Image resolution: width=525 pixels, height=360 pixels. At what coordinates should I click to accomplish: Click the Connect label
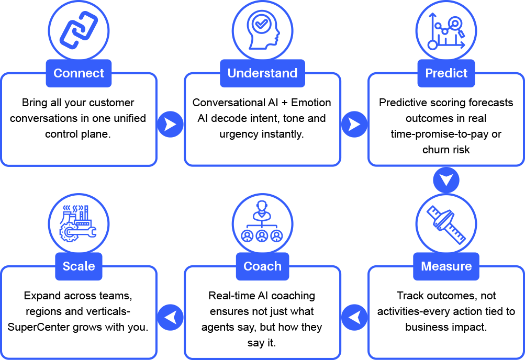click(x=79, y=73)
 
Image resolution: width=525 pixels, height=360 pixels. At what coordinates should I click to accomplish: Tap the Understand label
click(x=262, y=73)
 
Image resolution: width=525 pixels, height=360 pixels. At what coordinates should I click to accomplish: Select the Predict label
click(x=446, y=73)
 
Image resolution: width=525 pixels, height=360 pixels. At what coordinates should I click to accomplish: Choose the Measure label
click(x=446, y=266)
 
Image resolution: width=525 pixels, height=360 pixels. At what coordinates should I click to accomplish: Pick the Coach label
click(x=262, y=266)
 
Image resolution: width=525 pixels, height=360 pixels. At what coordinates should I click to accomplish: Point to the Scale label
click(x=79, y=266)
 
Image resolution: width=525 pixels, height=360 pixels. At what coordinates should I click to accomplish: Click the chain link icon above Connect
click(x=79, y=30)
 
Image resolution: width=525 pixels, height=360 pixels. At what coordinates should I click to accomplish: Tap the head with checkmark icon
click(x=262, y=30)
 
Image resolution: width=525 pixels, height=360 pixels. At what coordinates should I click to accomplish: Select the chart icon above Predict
click(x=446, y=31)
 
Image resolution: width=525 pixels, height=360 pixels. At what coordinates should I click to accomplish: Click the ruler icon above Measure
click(x=446, y=224)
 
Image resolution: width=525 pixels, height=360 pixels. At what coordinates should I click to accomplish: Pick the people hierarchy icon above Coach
click(x=262, y=224)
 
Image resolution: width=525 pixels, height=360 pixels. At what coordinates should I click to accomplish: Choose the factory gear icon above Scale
click(x=79, y=224)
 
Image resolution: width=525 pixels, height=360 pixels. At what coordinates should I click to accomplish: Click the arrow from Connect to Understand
click(x=170, y=124)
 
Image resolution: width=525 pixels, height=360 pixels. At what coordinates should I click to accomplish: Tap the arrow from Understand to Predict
click(x=354, y=124)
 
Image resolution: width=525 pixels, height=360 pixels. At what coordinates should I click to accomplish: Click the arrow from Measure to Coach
click(x=354, y=317)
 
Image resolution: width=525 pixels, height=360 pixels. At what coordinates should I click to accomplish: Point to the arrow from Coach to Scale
click(x=170, y=317)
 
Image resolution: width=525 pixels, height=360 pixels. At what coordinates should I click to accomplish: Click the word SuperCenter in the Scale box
click(x=37, y=328)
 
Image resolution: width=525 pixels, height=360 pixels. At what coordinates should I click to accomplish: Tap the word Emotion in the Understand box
click(x=311, y=103)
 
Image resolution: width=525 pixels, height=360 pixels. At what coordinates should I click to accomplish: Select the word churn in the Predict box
click(x=437, y=150)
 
